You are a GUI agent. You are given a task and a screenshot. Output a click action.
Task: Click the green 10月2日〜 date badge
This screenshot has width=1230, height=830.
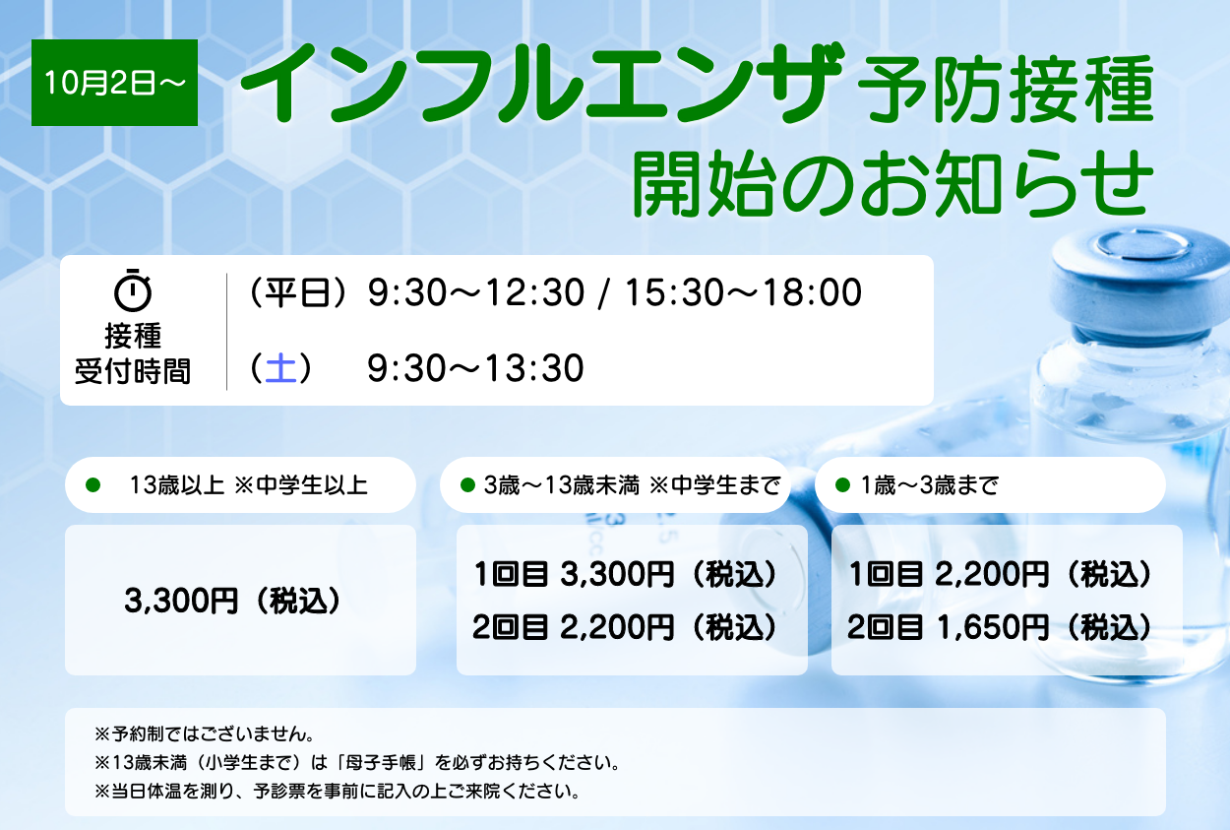click(x=114, y=83)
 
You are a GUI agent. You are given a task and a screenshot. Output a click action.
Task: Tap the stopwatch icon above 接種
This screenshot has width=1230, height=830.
click(x=132, y=290)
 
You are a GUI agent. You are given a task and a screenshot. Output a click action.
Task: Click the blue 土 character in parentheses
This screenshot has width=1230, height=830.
click(x=280, y=367)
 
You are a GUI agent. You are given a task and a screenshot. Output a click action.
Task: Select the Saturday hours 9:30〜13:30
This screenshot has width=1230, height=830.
click(x=475, y=367)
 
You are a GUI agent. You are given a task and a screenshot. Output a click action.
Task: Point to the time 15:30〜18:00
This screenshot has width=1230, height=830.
click(x=744, y=291)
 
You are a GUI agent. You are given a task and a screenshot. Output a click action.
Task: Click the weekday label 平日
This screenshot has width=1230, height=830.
click(x=297, y=291)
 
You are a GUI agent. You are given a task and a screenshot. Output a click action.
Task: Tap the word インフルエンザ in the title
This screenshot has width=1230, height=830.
click(x=541, y=84)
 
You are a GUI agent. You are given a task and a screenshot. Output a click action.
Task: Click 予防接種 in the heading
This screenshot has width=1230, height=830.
click(x=1006, y=89)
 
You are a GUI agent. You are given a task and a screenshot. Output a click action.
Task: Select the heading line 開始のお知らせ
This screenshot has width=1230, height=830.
click(x=892, y=183)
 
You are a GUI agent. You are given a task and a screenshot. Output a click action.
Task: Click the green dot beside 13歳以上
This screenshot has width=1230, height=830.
click(x=93, y=485)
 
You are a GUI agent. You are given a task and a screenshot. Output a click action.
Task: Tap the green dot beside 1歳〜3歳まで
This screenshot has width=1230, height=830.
click(x=842, y=485)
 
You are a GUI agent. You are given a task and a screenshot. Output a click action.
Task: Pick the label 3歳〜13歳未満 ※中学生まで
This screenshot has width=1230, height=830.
click(x=632, y=485)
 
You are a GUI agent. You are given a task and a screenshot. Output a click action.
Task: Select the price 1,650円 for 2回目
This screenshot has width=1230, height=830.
click(x=993, y=627)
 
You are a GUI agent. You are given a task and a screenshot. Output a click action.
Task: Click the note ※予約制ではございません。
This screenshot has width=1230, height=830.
click(x=205, y=734)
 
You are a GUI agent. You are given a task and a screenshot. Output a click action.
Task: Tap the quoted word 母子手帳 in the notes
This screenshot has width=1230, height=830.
click(x=381, y=762)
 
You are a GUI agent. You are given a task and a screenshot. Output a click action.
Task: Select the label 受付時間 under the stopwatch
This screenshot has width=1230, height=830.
click(x=133, y=371)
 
